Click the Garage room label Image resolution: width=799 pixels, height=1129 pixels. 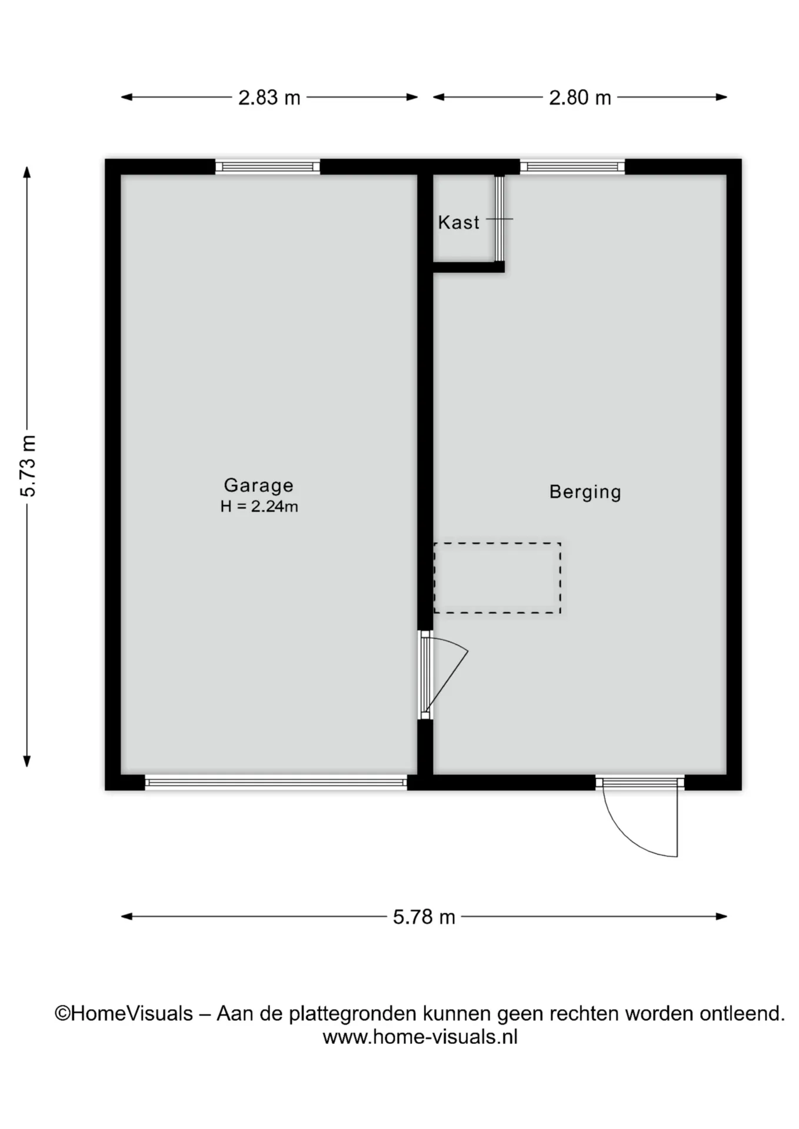[258, 485]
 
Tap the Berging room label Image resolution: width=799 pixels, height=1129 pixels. [585, 492]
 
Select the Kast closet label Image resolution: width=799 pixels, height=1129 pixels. [458, 222]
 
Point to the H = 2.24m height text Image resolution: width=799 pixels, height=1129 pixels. [259, 506]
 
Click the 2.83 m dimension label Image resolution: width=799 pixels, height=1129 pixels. [269, 97]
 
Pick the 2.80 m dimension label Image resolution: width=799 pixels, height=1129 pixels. [580, 97]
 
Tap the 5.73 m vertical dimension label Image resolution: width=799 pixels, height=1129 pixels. [28, 466]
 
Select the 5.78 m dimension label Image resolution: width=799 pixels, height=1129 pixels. [424, 917]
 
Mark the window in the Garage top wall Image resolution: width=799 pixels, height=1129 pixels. [268, 167]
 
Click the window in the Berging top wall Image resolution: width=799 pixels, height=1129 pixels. [572, 167]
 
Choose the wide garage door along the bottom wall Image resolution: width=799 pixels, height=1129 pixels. [276, 782]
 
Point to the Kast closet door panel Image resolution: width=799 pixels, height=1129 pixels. [500, 218]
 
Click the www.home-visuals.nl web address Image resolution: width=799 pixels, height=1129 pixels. [420, 1037]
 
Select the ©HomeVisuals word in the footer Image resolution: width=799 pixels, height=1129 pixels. [124, 1013]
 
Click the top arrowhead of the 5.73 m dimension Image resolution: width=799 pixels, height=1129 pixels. [26, 172]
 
